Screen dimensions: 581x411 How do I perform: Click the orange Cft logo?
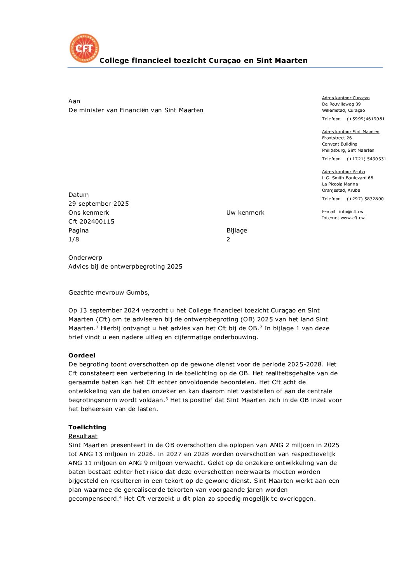[x=84, y=48]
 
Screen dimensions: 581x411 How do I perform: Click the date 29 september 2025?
[x=98, y=204]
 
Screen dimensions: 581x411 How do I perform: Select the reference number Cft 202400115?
[x=91, y=222]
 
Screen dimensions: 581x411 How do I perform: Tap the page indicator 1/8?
[x=74, y=239]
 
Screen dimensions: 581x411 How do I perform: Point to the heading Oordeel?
[x=82, y=356]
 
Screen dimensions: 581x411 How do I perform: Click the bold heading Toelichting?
[x=87, y=427]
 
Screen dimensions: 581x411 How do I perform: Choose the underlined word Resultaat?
[x=83, y=436]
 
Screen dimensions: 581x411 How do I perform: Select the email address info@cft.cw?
[x=351, y=212]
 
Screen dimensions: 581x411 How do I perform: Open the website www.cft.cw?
[x=352, y=218]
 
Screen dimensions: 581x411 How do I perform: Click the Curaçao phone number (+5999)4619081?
[x=366, y=119]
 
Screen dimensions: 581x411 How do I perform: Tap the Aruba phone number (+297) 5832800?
[x=365, y=199]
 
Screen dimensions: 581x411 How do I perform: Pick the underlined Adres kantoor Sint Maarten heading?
[x=350, y=132]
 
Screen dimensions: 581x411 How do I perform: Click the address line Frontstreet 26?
[x=337, y=138]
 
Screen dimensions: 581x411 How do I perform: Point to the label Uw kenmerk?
[x=245, y=213]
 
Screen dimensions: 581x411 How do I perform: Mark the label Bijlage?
[x=237, y=231]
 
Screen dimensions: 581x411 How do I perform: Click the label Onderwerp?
[x=85, y=258]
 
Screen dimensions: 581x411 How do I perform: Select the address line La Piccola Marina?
[x=340, y=184]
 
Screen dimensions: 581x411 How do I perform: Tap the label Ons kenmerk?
[x=89, y=213]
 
